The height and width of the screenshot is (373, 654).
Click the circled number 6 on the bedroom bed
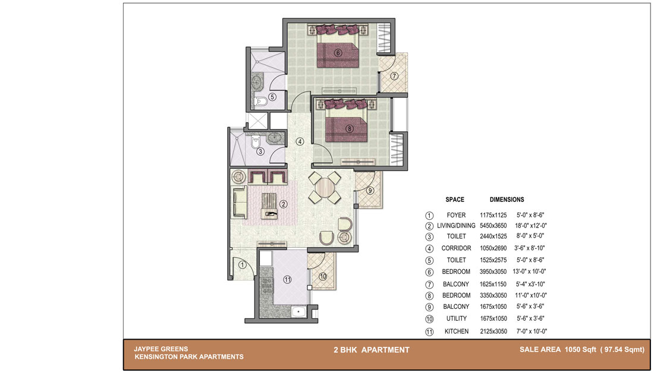pos(338,53)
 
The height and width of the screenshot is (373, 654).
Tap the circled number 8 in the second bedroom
pos(350,129)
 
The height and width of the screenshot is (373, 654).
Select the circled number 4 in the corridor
pos(300,141)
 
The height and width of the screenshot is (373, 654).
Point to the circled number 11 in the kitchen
pos(287,280)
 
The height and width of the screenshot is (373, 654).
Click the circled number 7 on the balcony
pos(394,76)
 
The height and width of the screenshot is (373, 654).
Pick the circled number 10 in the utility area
pos(323,276)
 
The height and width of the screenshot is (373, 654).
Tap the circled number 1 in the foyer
pos(242,264)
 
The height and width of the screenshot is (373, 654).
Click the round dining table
pos(325,188)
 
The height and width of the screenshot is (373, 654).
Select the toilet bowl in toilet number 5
pos(260,102)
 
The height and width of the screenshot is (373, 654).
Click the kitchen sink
pos(298,312)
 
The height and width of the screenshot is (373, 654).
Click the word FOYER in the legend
pos(456,215)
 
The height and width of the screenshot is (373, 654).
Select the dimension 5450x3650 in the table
pos(493,226)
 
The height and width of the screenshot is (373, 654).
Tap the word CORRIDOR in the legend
pos(456,248)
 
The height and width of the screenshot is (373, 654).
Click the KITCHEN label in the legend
pos(456,331)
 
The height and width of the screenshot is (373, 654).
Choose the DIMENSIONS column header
pos(507,200)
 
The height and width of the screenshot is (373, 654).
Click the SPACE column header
pos(455,200)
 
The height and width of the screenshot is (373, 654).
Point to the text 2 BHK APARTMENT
pos(371,350)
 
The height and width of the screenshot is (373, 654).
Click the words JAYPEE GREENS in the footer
pos(161,349)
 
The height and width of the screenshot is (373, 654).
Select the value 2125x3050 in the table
pos(493,331)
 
